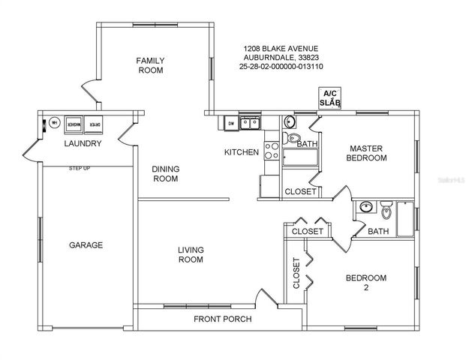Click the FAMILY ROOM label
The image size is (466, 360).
(x=150, y=65)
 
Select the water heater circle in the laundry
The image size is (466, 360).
(x=54, y=124)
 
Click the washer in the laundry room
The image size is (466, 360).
(x=74, y=124)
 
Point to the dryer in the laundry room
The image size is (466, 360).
(x=95, y=124)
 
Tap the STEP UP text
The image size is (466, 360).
(x=80, y=168)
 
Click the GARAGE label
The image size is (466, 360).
(x=86, y=245)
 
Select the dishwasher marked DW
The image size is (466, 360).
(x=231, y=123)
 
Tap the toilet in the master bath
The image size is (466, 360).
(x=293, y=138)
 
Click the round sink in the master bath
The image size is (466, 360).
(x=289, y=122)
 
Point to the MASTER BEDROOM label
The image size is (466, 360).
(x=366, y=153)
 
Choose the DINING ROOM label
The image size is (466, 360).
(x=165, y=174)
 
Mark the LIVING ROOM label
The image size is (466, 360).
(x=191, y=255)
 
